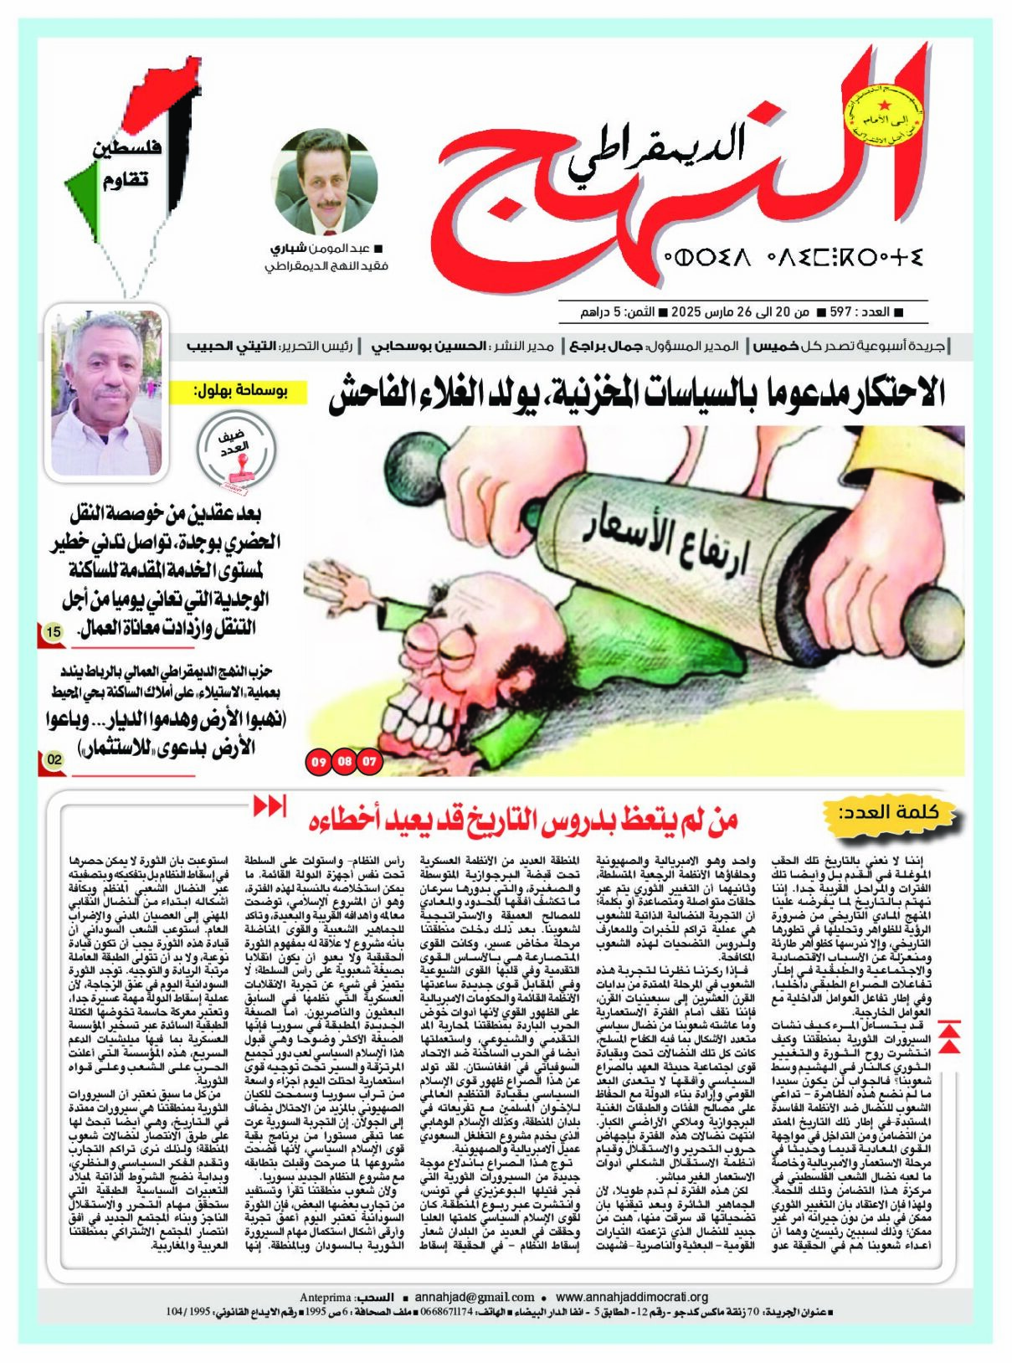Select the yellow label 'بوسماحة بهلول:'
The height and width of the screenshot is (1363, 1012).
click(x=239, y=389)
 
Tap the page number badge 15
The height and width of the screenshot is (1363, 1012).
click(x=53, y=632)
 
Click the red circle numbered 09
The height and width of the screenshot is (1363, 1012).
click(x=319, y=762)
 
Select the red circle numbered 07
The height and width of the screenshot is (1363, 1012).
click(x=368, y=762)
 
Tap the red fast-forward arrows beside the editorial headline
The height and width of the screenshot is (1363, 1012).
click(x=270, y=805)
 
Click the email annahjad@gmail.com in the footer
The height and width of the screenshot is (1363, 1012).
click(x=474, y=1297)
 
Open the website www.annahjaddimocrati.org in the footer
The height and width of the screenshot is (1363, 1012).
click(x=631, y=1297)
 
